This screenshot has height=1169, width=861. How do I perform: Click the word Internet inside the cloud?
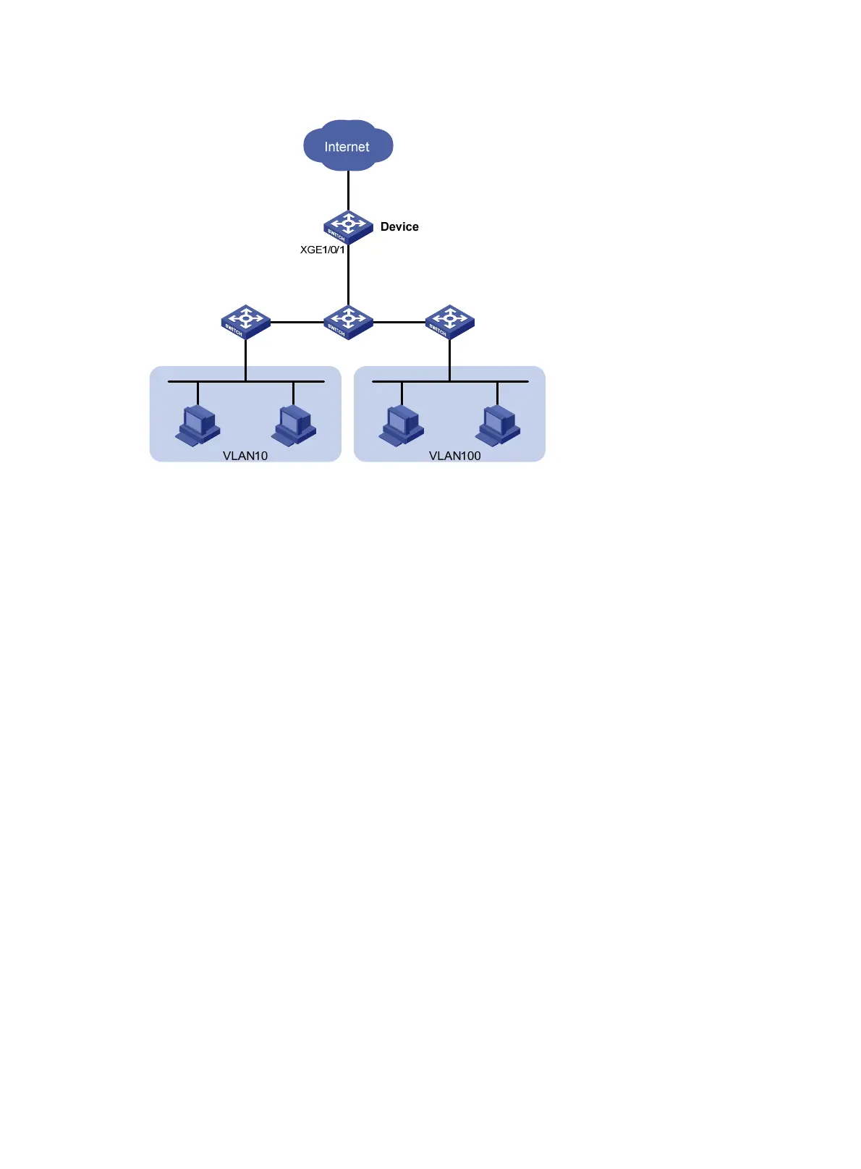coord(347,147)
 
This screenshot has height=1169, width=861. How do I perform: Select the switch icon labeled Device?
coord(348,226)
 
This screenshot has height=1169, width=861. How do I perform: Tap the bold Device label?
coord(399,226)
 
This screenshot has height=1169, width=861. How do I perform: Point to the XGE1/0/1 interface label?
coord(322,250)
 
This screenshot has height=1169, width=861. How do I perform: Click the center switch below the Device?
coord(348,321)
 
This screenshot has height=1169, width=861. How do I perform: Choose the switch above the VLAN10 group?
coord(245,321)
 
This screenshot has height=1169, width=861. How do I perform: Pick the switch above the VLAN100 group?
coord(449,321)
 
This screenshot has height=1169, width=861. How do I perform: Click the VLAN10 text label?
coord(245,456)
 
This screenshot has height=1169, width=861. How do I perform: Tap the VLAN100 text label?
coord(454,456)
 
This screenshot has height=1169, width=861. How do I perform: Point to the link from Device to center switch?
coord(348,275)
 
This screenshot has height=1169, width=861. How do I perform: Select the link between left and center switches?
coord(297,322)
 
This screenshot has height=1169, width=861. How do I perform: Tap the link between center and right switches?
coord(399,322)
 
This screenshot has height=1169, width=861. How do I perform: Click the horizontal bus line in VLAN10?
coord(217,381)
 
